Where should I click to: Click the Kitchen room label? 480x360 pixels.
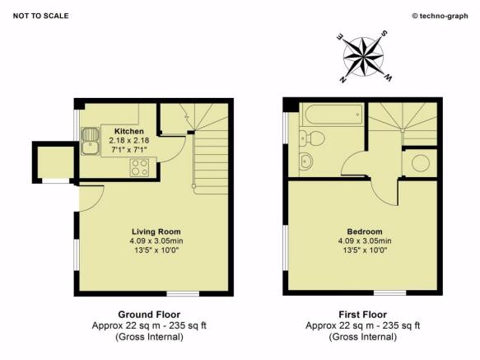129,131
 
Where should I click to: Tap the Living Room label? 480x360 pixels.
156,231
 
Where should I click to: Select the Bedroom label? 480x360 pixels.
365,231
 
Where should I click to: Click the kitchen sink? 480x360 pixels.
90,141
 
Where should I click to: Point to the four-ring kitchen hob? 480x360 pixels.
140,167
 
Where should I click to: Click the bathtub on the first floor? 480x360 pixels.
333,115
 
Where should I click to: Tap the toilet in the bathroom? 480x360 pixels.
312,138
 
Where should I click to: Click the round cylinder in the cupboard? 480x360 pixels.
421,163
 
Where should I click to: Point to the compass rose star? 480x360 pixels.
363,57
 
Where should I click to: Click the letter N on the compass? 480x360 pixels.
343,80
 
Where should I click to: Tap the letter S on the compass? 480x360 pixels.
384,34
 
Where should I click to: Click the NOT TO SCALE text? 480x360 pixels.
40,16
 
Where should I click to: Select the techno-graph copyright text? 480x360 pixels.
440,16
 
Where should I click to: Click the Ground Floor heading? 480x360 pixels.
149,315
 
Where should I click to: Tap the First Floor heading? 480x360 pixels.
363,315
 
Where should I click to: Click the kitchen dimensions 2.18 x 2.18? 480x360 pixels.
129,140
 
